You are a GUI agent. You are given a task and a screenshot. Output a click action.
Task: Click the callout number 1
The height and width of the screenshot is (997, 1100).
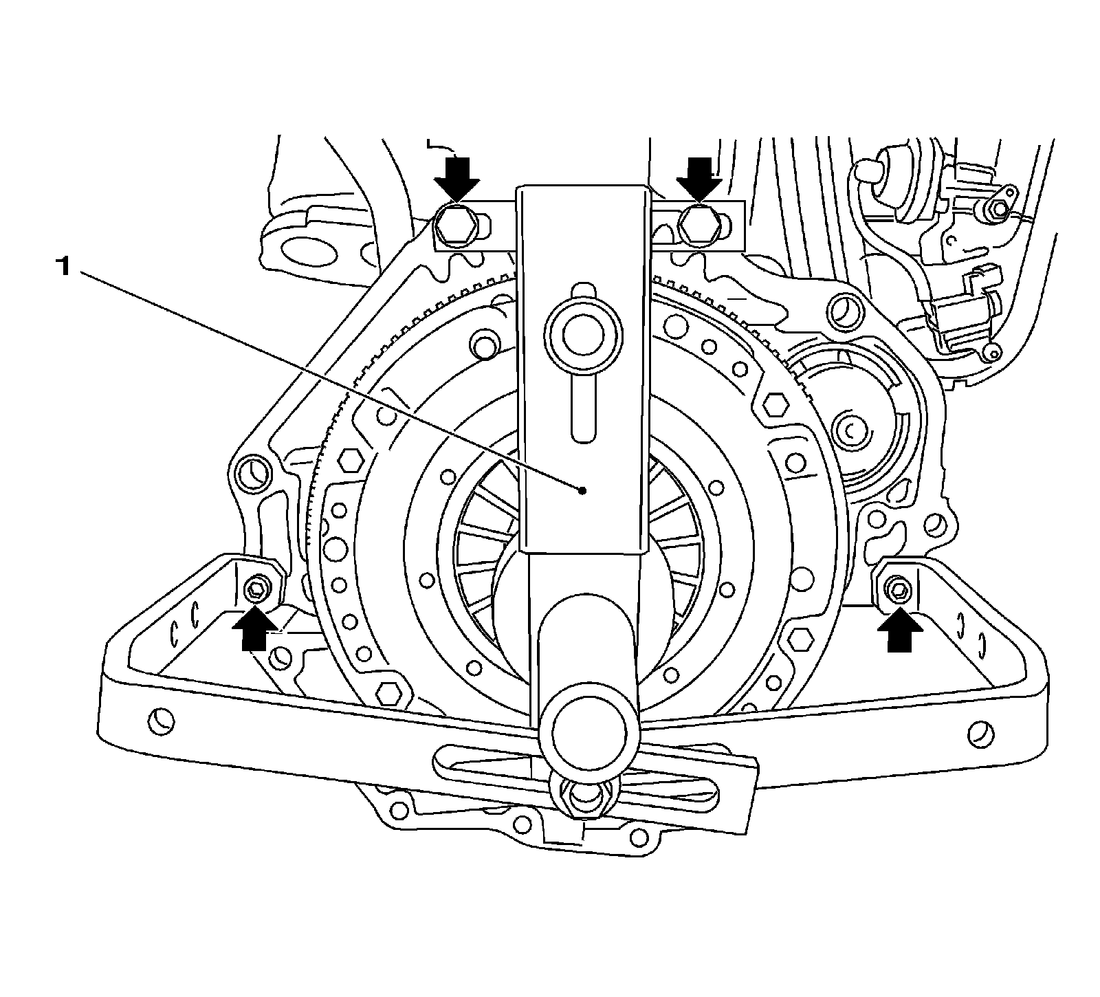pos(63,266)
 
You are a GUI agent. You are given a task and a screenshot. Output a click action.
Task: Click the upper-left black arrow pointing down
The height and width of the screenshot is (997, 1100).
pos(456,177)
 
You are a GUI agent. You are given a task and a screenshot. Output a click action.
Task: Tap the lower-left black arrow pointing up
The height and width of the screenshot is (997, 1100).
pos(254,628)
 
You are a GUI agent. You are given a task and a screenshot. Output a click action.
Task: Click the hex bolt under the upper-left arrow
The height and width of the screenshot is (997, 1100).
pos(454,225)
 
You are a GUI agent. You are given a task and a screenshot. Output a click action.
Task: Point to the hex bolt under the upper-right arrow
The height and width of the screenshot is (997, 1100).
pos(697,224)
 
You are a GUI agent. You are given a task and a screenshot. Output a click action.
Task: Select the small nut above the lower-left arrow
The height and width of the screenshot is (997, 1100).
pos(255,588)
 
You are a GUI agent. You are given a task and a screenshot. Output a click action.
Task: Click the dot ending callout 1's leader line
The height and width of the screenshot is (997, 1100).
pos(582,490)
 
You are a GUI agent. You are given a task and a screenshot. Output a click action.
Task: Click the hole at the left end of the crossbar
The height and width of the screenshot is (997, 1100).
pos(161,723)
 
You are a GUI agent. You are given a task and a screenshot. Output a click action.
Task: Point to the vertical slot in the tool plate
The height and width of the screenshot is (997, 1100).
pos(581,409)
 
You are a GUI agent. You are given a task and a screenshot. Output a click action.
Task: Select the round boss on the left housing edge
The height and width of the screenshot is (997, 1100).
pos(252,474)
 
